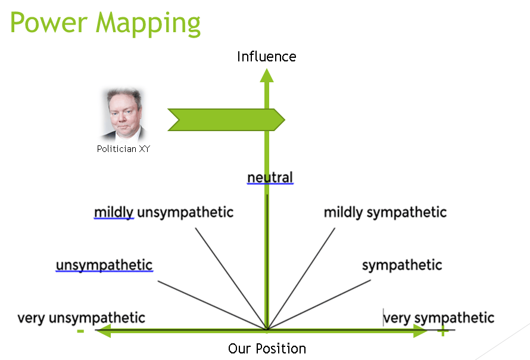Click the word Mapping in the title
tap(149, 24)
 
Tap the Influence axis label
tap(266, 57)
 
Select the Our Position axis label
tap(267, 349)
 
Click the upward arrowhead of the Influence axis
tap(267, 75)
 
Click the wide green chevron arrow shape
tap(226, 120)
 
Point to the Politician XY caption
tap(123, 149)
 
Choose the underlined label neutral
tap(270, 177)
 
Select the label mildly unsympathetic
tap(164, 212)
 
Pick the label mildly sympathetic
tap(385, 212)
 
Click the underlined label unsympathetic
tap(104, 265)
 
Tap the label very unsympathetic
tap(81, 318)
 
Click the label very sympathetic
tap(438, 318)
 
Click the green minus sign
tap(80, 332)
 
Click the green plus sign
tap(442, 332)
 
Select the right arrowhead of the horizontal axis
tap(421, 331)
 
